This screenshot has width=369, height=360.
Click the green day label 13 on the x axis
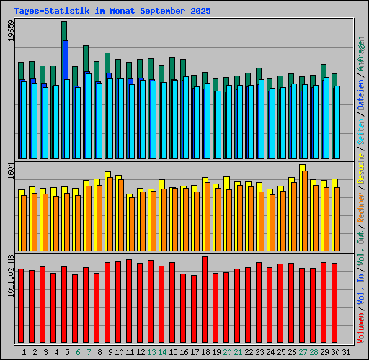click(151, 352)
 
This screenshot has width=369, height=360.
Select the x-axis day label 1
click(25, 352)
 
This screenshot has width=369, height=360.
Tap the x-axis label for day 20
click(226, 352)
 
